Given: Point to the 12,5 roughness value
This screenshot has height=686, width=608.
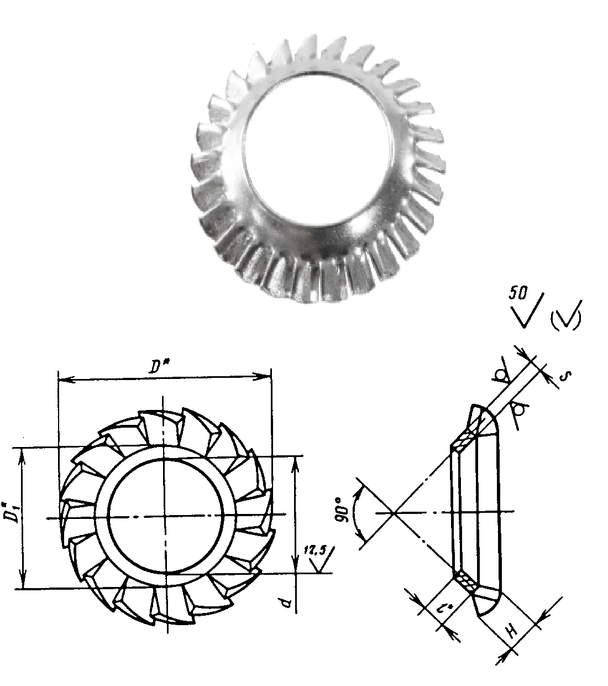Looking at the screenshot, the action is click(x=314, y=550).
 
